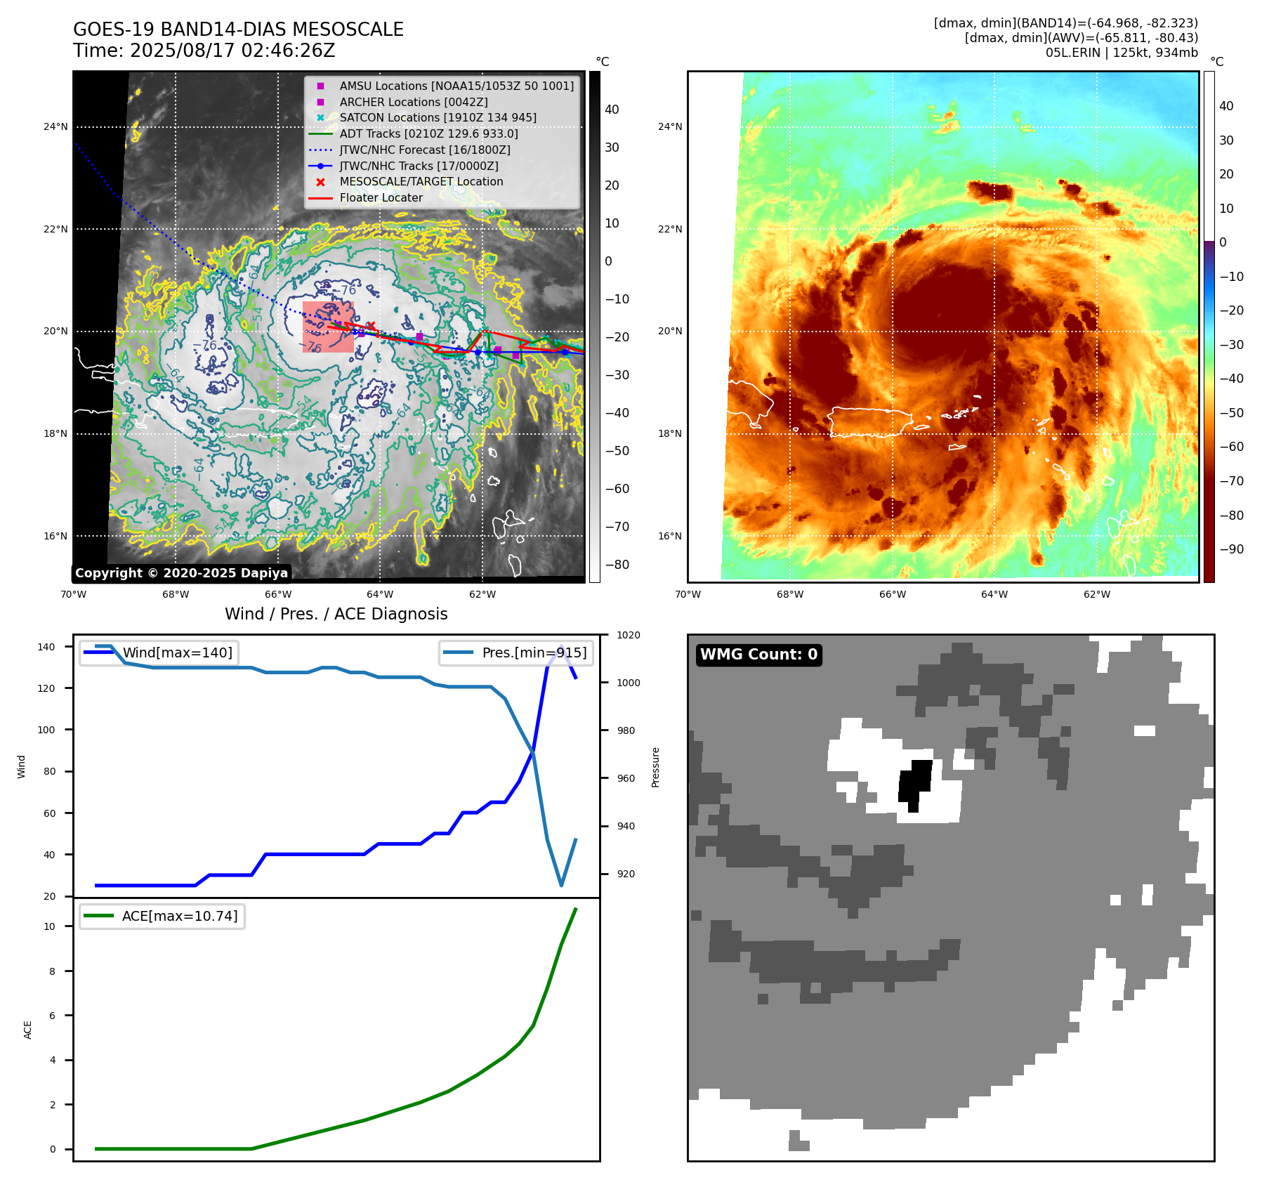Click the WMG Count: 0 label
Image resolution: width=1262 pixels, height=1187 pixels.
[x=758, y=655]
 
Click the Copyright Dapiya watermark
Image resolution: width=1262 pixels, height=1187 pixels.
[x=181, y=573]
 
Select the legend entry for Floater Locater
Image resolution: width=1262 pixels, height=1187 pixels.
[x=381, y=198]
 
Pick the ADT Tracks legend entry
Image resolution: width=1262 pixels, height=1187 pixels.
[x=428, y=133]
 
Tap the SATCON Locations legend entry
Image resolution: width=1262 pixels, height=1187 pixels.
[x=438, y=117]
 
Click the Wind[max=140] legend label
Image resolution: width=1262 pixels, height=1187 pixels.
[x=177, y=652]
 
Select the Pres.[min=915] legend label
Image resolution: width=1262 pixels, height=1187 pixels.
[x=534, y=652]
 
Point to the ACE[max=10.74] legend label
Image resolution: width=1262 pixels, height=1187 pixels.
[x=180, y=916]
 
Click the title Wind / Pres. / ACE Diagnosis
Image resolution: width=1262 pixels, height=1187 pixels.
[x=336, y=614]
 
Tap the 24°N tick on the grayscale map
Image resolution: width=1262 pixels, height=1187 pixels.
[x=55, y=127]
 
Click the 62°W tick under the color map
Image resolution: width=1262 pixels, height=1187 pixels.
[x=1096, y=594]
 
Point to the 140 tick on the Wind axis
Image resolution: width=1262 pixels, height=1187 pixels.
[x=46, y=647]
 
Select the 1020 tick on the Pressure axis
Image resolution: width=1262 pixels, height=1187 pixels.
[x=628, y=635]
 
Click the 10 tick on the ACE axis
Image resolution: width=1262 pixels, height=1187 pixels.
[x=49, y=926]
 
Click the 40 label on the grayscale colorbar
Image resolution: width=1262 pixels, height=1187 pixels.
[x=612, y=110]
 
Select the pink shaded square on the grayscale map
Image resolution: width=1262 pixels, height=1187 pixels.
[x=328, y=327]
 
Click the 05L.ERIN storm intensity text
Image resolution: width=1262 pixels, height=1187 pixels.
[x=1122, y=53]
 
